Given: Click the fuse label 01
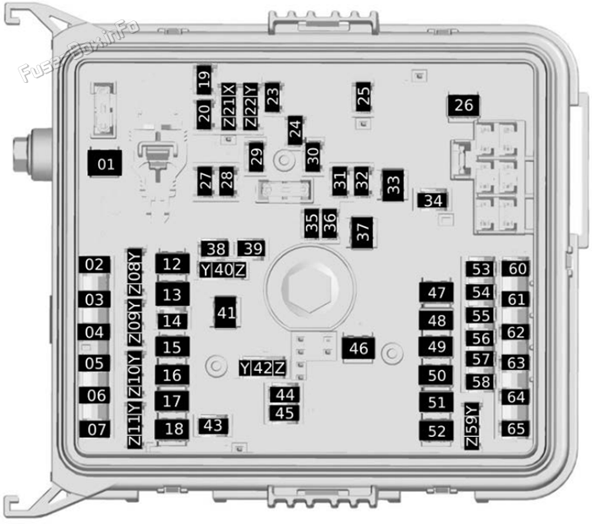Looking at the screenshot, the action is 105,163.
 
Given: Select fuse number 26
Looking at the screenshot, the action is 463,106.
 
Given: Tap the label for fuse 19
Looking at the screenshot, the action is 205,80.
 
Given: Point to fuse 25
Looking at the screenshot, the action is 363,96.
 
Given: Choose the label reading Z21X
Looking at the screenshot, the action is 229,106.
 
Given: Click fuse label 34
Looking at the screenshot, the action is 432,200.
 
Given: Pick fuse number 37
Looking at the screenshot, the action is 362,232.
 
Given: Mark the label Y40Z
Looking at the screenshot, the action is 223,270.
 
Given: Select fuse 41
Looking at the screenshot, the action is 226,313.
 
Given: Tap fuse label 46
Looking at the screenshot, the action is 359,348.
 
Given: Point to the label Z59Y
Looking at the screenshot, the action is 472,426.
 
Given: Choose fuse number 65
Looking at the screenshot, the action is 516,428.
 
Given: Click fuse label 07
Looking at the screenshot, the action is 96,429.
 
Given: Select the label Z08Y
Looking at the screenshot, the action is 134,274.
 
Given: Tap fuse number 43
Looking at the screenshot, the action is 213,425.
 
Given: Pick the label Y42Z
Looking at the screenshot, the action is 262,368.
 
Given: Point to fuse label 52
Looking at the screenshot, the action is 436,431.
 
